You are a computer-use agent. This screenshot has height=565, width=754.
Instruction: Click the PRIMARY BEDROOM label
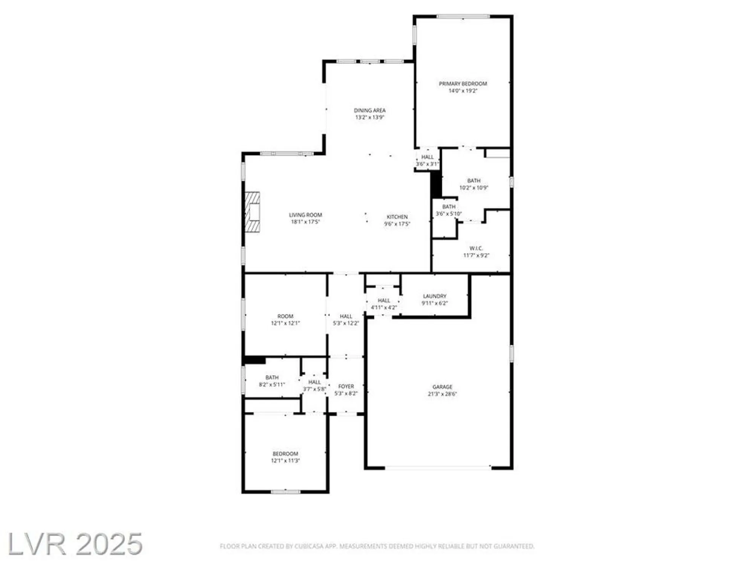[463, 84]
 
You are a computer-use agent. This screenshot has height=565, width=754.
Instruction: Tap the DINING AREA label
[369, 110]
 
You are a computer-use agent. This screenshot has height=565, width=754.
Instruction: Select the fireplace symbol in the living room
[253, 212]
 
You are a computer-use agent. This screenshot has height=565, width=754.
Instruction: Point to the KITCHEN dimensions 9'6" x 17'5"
[397, 224]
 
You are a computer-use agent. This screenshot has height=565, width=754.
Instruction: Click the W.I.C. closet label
[476, 248]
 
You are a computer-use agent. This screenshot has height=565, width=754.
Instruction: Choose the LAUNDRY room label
[434, 296]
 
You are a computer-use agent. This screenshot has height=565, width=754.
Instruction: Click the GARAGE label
[442, 387]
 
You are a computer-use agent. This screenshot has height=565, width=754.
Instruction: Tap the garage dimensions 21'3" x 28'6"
[442, 394]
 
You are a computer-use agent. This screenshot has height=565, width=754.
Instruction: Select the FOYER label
[346, 386]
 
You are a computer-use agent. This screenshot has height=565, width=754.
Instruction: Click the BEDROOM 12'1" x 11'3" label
[285, 454]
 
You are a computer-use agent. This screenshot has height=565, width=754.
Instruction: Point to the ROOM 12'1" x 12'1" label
[285, 316]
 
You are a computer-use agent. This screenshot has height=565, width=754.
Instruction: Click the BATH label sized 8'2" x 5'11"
[272, 377]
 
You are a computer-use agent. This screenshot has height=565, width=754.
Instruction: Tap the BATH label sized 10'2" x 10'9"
[474, 181]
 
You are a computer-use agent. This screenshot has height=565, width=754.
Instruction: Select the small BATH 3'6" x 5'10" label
[449, 207]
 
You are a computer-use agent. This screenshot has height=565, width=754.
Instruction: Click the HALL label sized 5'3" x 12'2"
[346, 316]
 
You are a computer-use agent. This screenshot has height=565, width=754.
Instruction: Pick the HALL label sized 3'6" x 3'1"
[427, 157]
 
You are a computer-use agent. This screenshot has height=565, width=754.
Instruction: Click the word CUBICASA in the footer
[309, 546]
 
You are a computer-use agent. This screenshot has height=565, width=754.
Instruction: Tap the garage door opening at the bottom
[438, 468]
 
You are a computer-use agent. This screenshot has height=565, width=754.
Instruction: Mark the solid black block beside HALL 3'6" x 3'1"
[436, 184]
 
